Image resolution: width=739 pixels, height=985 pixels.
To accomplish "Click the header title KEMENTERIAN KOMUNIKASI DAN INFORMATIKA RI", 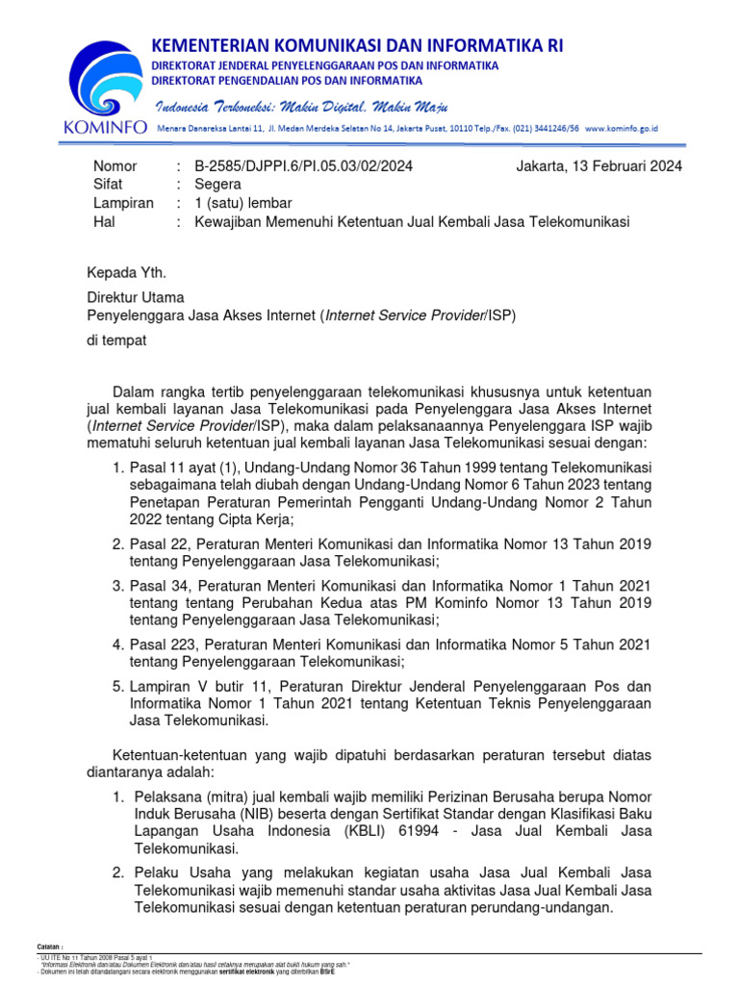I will pos(357,45).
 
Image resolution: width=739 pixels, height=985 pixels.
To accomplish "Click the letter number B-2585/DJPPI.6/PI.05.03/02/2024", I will pos(303,165).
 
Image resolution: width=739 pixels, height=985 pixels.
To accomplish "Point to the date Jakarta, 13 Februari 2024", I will pos(599,165).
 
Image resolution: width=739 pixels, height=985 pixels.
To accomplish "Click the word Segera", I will pos(217,184).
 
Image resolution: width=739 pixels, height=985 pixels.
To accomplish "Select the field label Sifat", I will pos(108,184).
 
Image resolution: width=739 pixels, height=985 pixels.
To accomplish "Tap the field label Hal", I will pos(103,221).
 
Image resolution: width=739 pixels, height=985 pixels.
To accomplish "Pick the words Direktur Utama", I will pos(135,297).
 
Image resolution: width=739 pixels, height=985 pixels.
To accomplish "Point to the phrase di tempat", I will pos(117,339).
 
